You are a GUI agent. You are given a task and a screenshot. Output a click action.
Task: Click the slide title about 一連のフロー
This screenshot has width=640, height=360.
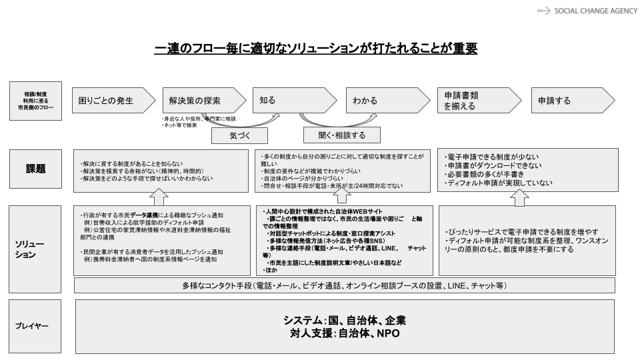(315, 49)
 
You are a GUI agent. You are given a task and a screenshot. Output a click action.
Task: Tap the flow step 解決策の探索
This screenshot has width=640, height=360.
(197, 101)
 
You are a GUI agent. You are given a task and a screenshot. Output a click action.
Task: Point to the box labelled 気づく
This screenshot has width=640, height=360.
(239, 135)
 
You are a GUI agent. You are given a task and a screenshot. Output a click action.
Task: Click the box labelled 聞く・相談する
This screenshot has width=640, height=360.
(341, 135)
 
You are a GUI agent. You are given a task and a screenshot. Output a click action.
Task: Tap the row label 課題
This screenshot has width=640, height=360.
(35, 169)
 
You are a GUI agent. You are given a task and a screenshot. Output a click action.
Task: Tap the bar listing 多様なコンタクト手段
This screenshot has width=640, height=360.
(345, 285)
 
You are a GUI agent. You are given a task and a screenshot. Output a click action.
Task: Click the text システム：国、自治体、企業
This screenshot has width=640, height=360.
(345, 320)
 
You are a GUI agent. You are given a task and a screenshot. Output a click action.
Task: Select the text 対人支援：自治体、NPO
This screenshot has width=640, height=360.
(345, 333)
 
